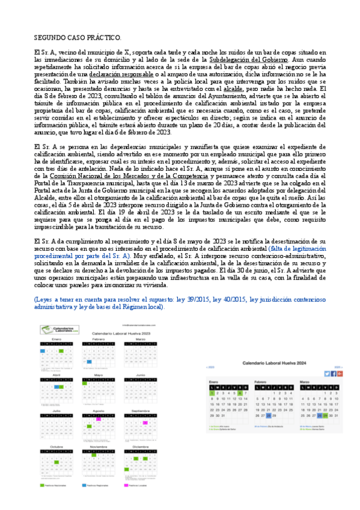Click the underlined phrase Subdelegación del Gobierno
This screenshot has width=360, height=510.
pos(249,60)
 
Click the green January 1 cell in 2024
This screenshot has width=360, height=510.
pos(212,393)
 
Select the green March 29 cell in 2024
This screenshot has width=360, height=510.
pos(325,414)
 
